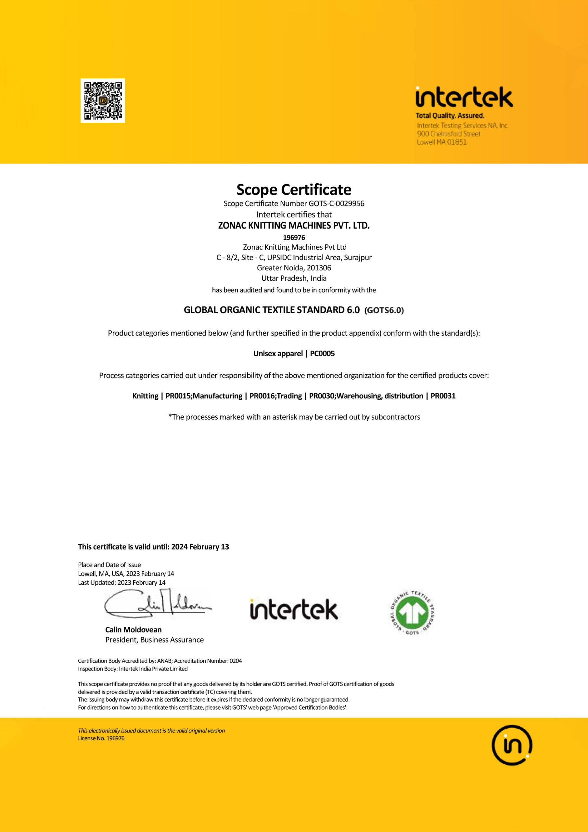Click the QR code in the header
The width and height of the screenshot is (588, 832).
103,100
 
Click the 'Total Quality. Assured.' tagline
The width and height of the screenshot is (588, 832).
450,116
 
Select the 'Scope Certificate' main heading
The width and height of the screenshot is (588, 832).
294,189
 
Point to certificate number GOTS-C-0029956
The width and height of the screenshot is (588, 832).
336,204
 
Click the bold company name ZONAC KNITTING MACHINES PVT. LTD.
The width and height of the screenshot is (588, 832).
294,226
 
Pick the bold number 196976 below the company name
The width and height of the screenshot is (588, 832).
294,238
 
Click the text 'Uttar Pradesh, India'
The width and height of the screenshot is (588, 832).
294,278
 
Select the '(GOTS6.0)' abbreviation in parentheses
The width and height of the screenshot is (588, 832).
384,310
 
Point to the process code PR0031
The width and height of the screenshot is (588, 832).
443,396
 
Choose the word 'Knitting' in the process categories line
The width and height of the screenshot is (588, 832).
145,396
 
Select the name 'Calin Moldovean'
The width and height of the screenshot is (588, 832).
133,630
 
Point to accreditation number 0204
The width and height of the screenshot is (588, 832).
236,661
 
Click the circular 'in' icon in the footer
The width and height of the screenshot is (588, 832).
512,746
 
